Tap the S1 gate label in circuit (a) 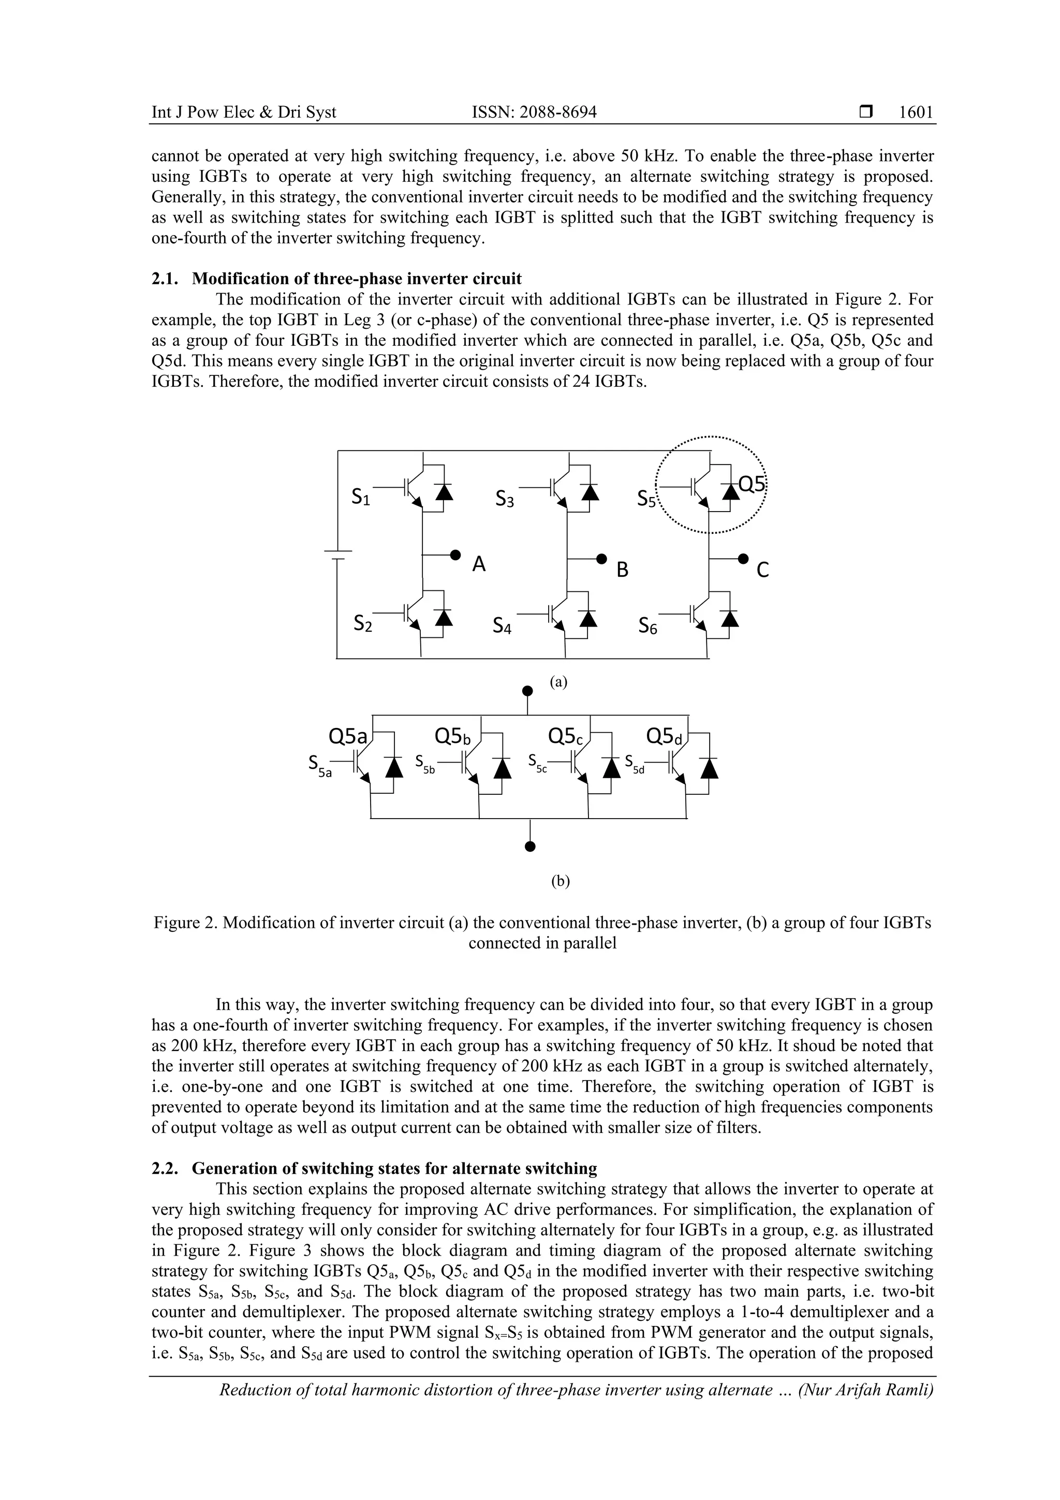pos(361,497)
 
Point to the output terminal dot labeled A pos(455,555)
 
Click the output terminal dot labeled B pos(601,559)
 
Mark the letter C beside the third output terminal pos(762,571)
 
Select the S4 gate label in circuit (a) pos(502,627)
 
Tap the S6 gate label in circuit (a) pos(648,627)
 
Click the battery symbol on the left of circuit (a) pos(337,555)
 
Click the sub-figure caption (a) pos(558,682)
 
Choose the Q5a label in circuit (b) pos(347,736)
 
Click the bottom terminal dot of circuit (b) pos(531,848)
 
